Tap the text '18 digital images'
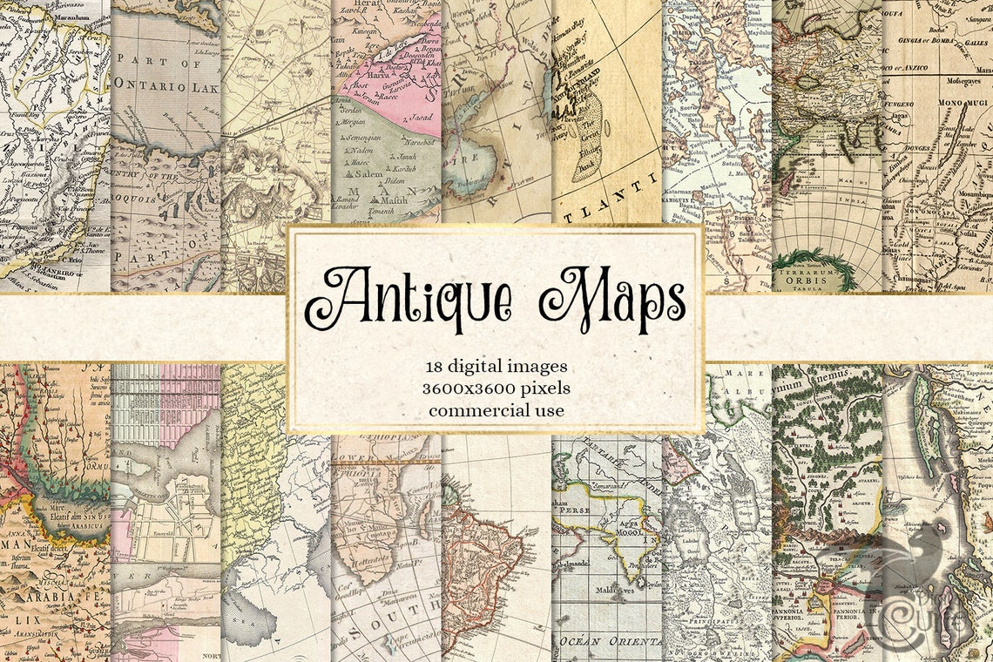[x=496, y=365]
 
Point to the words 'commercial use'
[x=496, y=409]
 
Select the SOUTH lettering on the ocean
[x=409, y=624]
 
